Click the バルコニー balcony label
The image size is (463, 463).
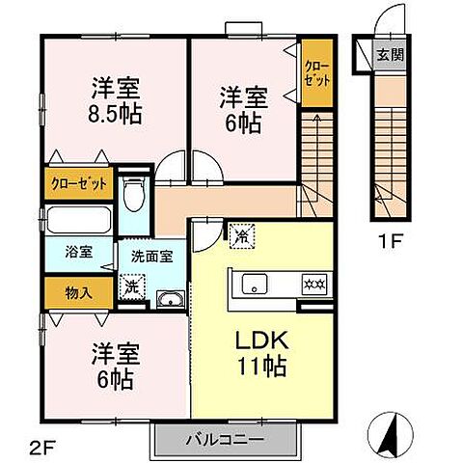click(x=223, y=440)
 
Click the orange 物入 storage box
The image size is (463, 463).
click(x=76, y=292)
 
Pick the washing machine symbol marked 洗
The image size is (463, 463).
click(x=130, y=286)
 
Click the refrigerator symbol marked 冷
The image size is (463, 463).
click(x=238, y=233)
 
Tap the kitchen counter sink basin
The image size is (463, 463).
click(x=256, y=284)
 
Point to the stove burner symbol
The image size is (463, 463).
click(x=314, y=285)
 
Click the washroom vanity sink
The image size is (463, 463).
click(x=169, y=298)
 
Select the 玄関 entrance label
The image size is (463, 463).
click(x=390, y=55)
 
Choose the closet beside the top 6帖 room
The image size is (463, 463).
click(x=314, y=73)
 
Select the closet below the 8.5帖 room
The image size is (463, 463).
click(x=76, y=184)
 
